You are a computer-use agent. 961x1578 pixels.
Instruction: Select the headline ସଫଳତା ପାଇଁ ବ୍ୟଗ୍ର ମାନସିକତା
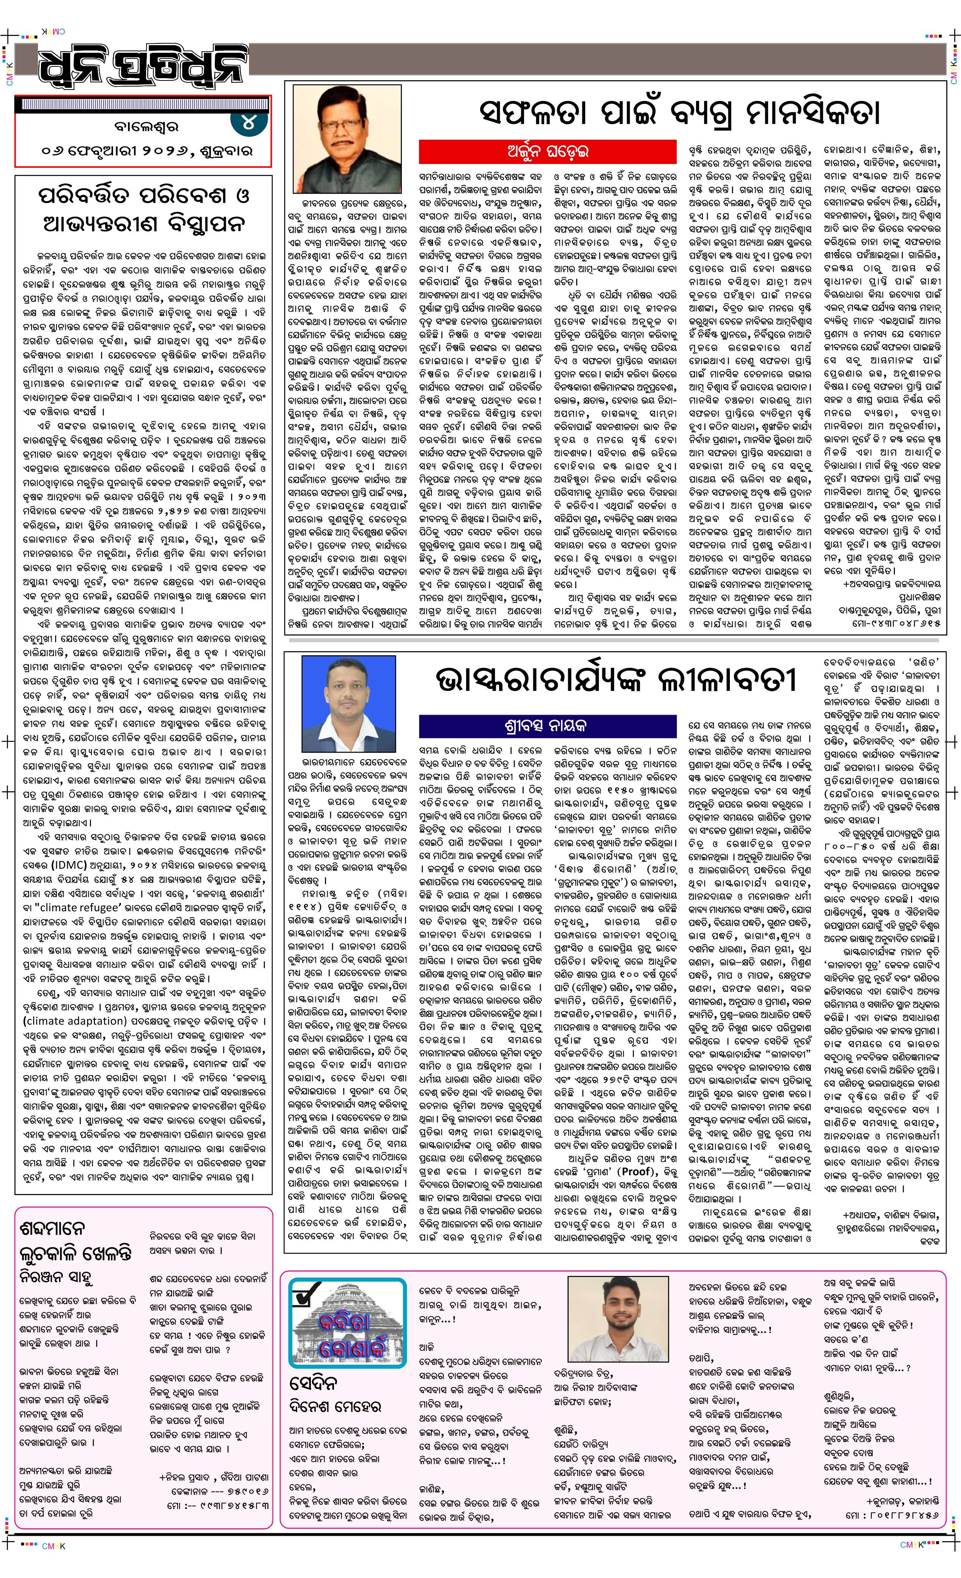pyautogui.click(x=679, y=112)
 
